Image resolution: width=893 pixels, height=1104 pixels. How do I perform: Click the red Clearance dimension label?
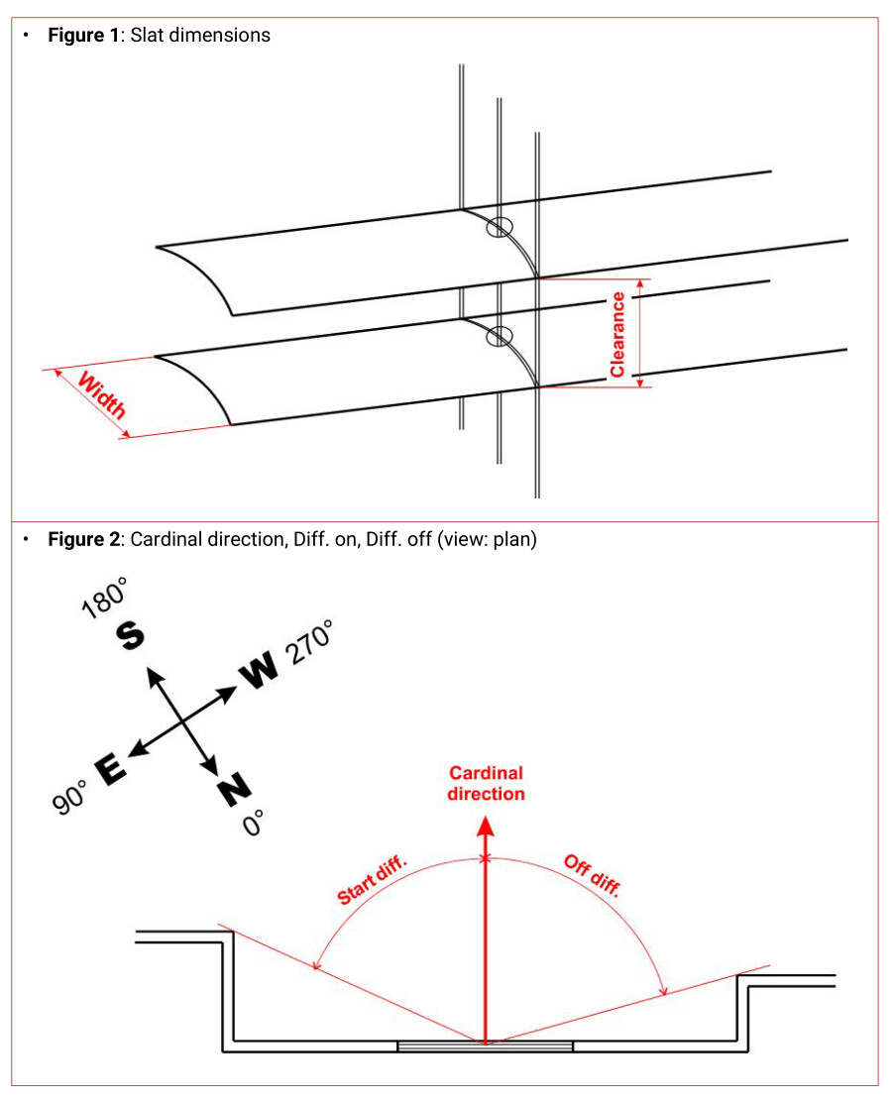(617, 334)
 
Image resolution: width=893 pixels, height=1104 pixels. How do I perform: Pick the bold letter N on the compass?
(234, 790)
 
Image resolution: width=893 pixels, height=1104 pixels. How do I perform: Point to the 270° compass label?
(308, 645)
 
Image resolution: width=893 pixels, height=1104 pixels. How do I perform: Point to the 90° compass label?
(70, 796)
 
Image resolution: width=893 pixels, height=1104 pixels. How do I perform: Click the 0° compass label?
(254, 822)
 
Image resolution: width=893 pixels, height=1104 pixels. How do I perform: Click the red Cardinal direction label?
(486, 783)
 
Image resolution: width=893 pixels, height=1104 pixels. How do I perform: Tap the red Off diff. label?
(592, 875)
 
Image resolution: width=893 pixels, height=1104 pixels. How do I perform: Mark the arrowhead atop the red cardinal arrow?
(485, 825)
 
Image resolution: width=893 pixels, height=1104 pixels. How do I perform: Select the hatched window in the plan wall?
(485, 1047)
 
